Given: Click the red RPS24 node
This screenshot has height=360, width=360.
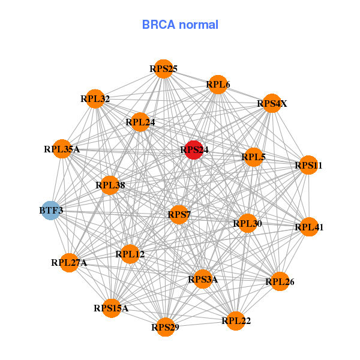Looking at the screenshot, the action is pos(193,149).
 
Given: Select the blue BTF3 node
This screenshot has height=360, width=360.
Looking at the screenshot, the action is pos(51,211).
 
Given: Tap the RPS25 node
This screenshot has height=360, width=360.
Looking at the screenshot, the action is pos(163,69).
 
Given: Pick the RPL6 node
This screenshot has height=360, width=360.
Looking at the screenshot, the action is pos(218,85).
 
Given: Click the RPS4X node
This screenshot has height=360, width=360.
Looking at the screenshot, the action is pos(272,104).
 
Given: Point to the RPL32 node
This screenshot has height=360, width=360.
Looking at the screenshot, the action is pos(95,99).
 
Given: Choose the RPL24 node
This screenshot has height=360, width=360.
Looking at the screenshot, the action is pos(140,122).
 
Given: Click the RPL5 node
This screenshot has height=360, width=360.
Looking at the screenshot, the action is pos(253,158).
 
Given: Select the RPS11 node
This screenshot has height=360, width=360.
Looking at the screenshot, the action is pos(308,165).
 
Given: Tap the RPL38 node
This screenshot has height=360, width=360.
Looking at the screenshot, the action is pos(110,185).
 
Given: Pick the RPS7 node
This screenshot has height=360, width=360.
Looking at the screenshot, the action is pos(179,214).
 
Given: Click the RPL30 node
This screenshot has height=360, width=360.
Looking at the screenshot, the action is pos(247,224).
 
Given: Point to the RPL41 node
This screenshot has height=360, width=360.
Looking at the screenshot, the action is pos(308,227).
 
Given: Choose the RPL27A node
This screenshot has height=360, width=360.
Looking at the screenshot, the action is pos(70,262).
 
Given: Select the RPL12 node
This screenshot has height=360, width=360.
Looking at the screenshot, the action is pos(130,254).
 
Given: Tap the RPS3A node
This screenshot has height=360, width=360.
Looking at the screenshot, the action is pos(203,279).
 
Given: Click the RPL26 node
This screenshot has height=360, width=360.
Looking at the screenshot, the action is pos(280,281).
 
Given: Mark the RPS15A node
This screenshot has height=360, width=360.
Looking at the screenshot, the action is pos(111,308).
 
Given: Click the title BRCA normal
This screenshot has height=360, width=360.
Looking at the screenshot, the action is pos(180,25).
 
